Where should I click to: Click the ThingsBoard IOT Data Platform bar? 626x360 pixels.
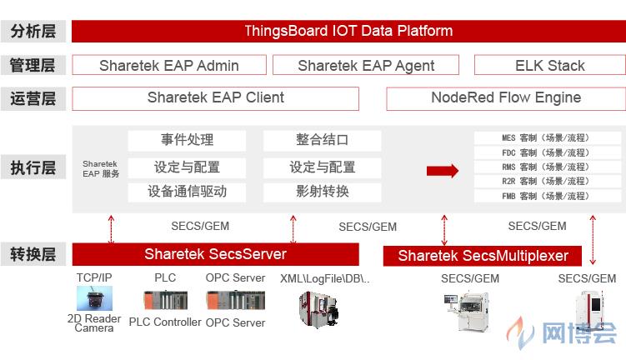348,31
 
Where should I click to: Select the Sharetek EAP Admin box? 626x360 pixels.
169,65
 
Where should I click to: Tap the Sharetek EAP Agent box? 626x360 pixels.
366,65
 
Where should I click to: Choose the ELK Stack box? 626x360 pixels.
550,65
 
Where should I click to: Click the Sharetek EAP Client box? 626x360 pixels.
216,98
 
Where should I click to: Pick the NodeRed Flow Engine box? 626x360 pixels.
506,98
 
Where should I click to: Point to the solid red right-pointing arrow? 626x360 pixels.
443,171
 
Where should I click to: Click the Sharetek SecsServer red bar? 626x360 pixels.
216,254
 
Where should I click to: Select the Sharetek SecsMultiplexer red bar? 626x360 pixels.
483,256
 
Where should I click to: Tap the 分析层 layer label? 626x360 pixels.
33,31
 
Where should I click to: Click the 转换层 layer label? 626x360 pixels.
33,254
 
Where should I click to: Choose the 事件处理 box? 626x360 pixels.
187,140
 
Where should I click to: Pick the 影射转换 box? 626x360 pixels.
323,192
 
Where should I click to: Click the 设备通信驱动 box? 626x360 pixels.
187,192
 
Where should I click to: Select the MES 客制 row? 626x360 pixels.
548,138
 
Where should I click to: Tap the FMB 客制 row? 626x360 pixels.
548,196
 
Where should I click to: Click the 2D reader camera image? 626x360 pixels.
95,298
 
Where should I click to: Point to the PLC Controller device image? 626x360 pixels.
165,300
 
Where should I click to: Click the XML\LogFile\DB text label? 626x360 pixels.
324,278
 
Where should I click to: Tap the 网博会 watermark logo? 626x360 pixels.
562,332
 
